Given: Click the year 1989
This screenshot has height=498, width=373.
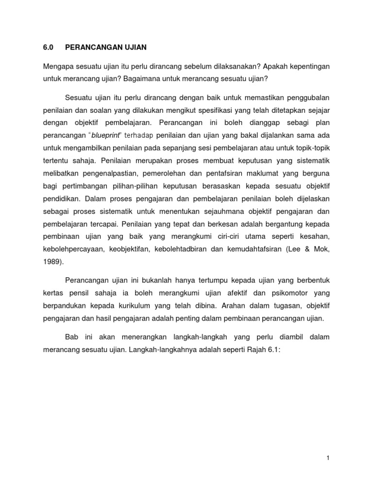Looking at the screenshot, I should coord(52,261).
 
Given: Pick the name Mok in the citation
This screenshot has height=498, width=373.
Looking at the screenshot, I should coord(322,249).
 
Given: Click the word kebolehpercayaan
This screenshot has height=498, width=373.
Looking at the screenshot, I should coord(75,249).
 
